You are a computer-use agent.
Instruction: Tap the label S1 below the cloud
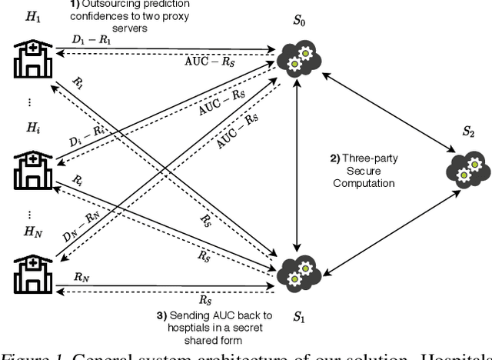[x=300, y=315]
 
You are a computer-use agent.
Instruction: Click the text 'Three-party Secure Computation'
[x=362, y=173]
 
